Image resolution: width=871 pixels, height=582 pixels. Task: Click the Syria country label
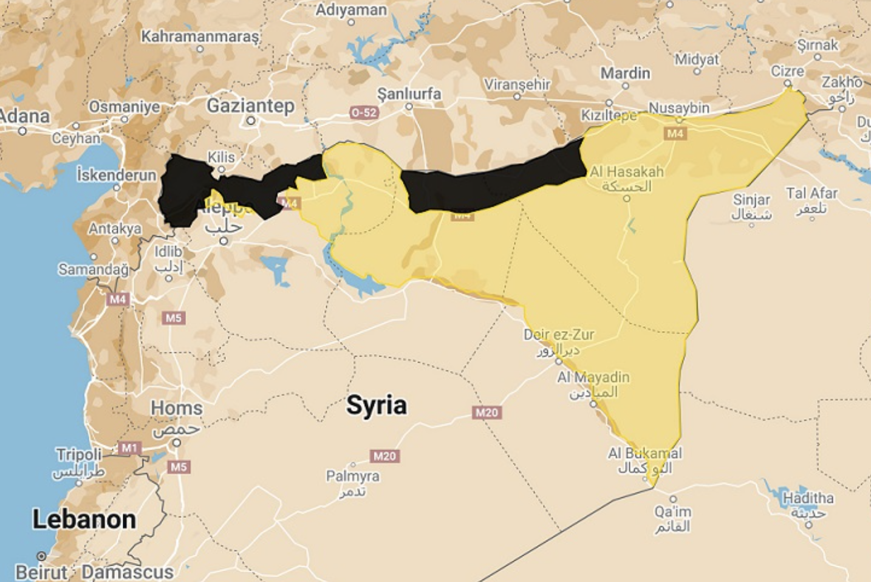coord(376,405)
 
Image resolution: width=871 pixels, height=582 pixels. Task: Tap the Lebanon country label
coord(84,519)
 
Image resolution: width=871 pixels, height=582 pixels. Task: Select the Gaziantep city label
coord(250,106)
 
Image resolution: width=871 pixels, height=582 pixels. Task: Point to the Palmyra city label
coord(352,476)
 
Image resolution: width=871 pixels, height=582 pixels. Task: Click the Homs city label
coord(176,408)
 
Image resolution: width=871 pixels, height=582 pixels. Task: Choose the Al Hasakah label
coord(626,172)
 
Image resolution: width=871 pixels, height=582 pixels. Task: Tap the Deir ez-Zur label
coord(559,335)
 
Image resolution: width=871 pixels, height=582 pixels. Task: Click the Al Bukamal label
coord(644,453)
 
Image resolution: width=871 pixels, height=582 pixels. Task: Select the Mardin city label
coord(625,74)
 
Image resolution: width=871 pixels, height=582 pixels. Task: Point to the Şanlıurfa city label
coord(409,94)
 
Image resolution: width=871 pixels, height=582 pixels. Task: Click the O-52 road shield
coord(364,112)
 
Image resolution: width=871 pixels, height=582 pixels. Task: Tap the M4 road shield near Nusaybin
coord(675,133)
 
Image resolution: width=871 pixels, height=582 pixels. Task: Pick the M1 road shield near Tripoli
coord(129,448)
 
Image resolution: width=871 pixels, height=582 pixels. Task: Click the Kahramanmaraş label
coord(200,36)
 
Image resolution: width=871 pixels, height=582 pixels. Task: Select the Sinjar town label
coord(751,200)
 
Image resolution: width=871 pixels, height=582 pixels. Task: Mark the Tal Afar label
coord(811,194)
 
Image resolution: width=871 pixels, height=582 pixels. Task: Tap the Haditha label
coord(808,498)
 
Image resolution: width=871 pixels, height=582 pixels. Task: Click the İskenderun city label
coord(117,175)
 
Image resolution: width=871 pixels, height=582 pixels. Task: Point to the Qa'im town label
coord(672,512)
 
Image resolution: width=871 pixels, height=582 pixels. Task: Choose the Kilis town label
coord(221,157)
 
